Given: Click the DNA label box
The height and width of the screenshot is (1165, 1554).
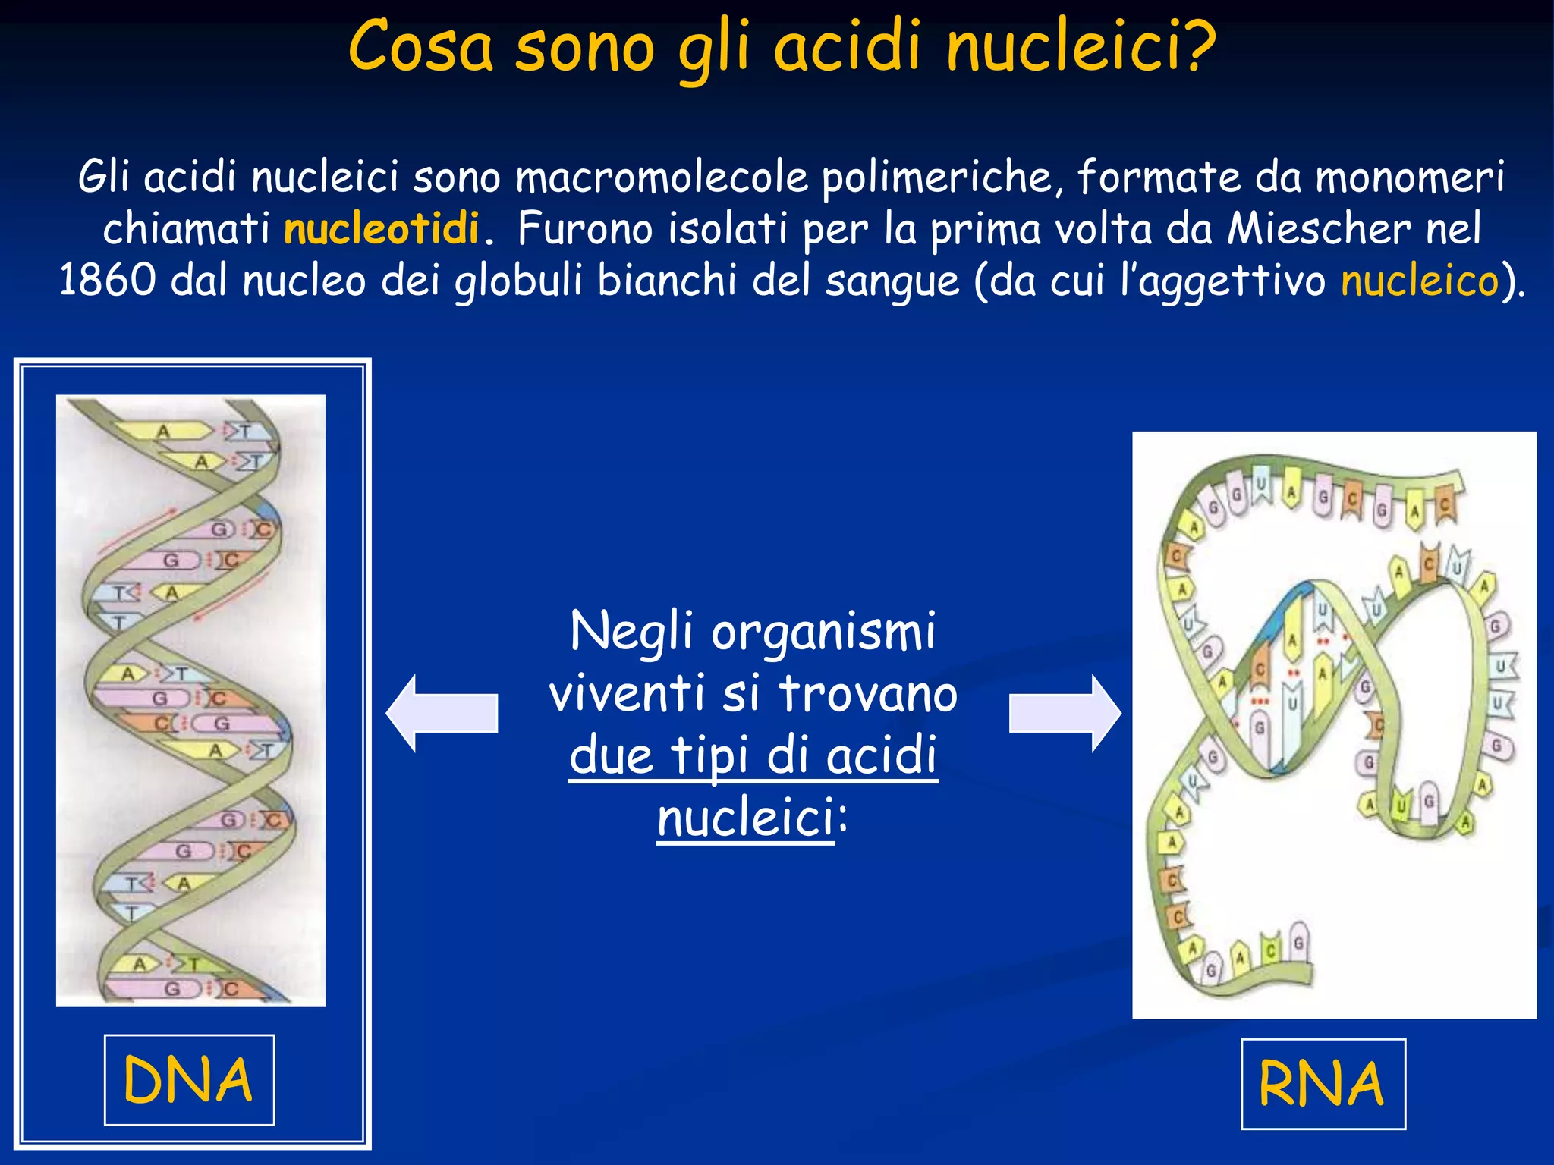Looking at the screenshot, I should point(189,1080).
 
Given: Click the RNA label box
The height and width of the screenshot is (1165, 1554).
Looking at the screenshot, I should point(1323,1084).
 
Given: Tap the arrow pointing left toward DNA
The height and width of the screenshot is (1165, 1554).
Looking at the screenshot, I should point(442,713).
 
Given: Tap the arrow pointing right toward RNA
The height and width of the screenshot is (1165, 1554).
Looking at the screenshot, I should point(1065,713).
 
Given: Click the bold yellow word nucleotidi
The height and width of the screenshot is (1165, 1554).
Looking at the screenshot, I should point(381,228).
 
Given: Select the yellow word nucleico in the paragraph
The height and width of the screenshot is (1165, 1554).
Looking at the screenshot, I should point(1420,281).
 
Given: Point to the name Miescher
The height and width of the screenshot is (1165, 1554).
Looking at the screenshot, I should point(1319,228).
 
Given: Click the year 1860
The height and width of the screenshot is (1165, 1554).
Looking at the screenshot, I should point(107,281).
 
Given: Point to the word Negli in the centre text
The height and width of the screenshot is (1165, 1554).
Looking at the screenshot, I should point(631,631).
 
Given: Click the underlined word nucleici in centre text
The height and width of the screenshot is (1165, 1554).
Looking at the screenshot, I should point(745,818).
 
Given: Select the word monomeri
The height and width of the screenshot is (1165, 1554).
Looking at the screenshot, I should point(1409,177).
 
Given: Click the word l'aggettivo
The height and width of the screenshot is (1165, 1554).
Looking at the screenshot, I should point(1223,281).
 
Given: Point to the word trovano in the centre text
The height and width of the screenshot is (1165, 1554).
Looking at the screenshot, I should point(868,693).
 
